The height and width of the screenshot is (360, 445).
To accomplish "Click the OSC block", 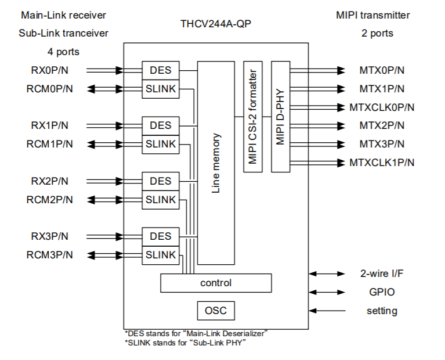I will [216, 311].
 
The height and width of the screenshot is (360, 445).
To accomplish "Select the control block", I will [215, 283].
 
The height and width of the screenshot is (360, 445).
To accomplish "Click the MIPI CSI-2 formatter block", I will [252, 116].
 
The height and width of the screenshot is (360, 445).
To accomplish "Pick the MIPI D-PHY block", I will [280, 116].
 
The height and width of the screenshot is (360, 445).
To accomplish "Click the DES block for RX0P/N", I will [161, 70].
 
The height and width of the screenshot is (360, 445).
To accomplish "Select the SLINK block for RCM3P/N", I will [161, 255].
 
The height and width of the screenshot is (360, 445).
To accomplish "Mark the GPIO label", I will [382, 292].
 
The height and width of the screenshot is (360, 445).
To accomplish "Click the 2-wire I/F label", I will [382, 273].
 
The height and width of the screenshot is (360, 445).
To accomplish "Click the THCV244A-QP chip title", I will [215, 25].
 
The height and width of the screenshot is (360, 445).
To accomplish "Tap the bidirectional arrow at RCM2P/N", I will [104, 200].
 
